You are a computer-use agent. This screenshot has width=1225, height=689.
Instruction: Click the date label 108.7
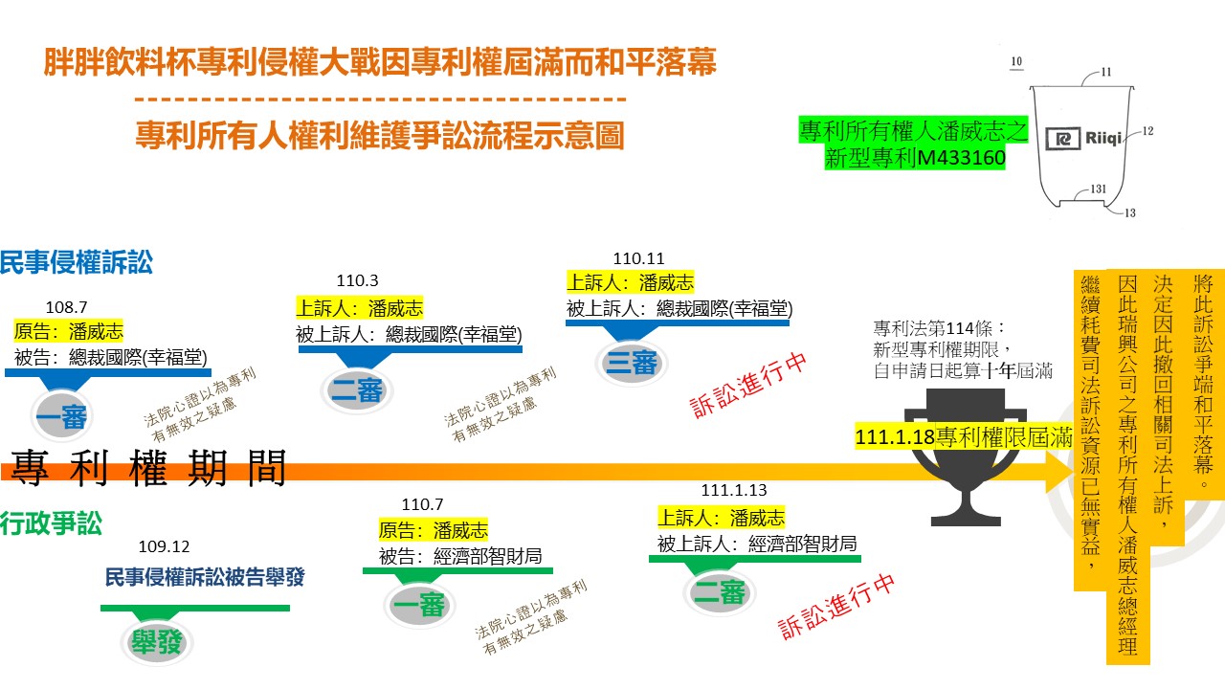click(66, 307)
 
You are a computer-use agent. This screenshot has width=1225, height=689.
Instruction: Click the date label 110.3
click(357, 280)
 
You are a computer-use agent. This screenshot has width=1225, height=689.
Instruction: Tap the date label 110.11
click(638, 258)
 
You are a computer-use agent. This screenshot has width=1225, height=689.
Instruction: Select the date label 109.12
click(164, 546)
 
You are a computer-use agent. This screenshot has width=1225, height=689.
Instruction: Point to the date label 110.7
click(422, 504)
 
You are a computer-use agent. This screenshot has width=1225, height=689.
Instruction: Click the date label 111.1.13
click(734, 490)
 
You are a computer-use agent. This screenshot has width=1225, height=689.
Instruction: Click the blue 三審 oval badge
click(631, 363)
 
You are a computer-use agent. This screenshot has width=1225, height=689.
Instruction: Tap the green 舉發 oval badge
click(156, 642)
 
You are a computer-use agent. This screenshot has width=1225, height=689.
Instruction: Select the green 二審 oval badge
click(720, 593)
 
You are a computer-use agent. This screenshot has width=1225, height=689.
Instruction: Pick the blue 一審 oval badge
click(61, 416)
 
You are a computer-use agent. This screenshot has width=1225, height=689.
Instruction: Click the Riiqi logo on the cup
click(1083, 139)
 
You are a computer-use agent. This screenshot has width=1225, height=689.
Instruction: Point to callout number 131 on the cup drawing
click(1098, 189)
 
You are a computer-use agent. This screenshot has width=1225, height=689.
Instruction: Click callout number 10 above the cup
click(1016, 61)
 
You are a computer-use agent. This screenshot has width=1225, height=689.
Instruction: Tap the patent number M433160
click(962, 158)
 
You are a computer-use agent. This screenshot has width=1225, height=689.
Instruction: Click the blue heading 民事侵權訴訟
click(77, 262)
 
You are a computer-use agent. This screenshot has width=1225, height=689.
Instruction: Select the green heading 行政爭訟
click(51, 522)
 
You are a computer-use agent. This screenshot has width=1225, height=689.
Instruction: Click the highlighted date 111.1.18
click(895, 437)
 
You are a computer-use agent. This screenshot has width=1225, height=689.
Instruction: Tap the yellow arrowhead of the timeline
click(1059, 470)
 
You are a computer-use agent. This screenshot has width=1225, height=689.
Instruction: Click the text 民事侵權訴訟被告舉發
click(205, 577)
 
